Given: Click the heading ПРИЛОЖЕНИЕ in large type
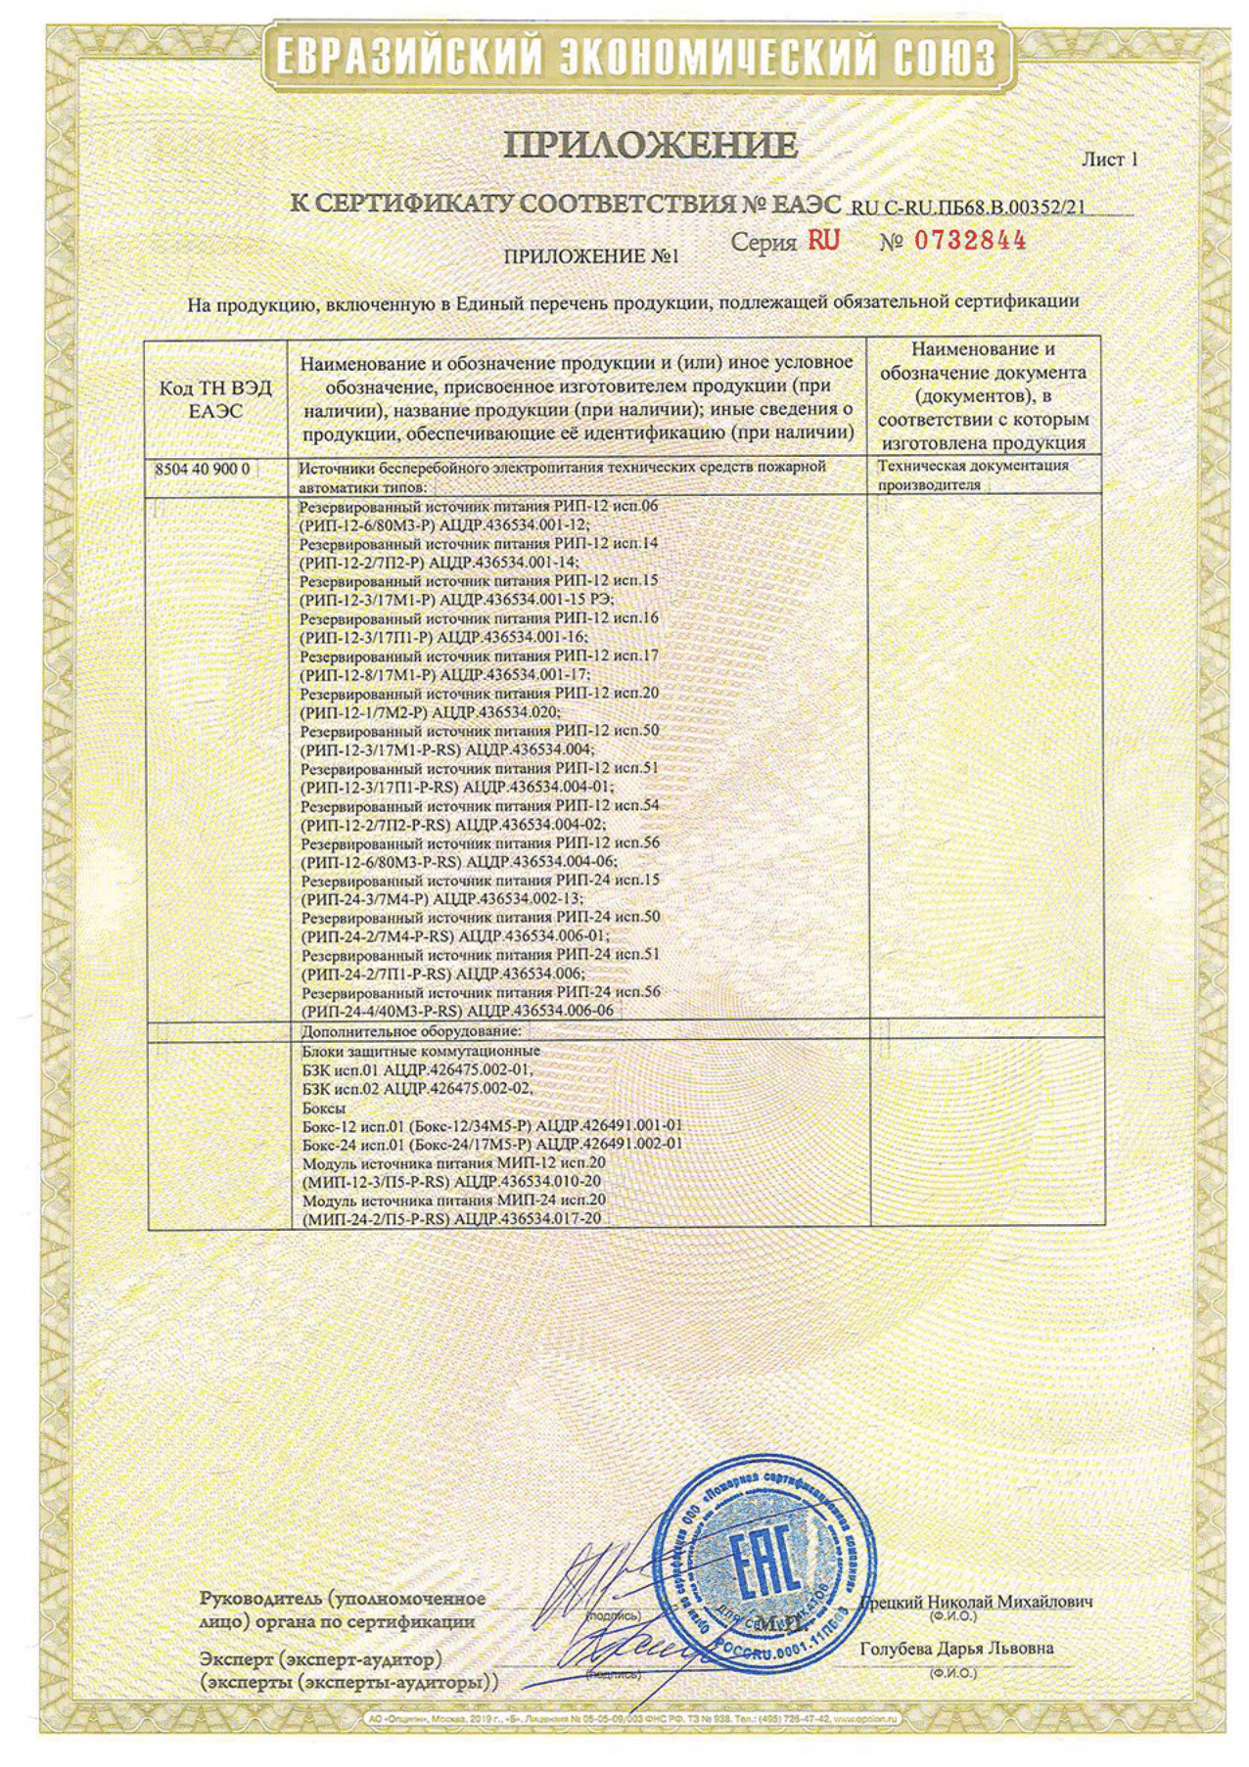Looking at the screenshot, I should pos(651,147).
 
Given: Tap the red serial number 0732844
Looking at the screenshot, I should pos(970,241).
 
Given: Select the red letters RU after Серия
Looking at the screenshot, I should pos(823,241).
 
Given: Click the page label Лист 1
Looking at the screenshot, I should pos(1109,159).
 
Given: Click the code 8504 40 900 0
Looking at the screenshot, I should pos(203,470).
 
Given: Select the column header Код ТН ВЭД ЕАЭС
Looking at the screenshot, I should pos(215,400).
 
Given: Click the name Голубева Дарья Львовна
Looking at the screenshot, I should pos(956,1649).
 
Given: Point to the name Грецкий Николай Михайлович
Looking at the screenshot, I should pos(976,1602).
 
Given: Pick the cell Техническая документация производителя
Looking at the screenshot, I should pos(973,475).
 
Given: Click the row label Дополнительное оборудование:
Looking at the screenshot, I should pos(411,1031).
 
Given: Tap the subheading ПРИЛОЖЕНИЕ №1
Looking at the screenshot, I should pos(591,257).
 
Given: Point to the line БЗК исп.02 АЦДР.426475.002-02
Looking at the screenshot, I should pos(418,1088).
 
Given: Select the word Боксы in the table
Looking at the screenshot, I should pos(324,1107).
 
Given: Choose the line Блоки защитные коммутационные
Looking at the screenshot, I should pos(421,1051).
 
